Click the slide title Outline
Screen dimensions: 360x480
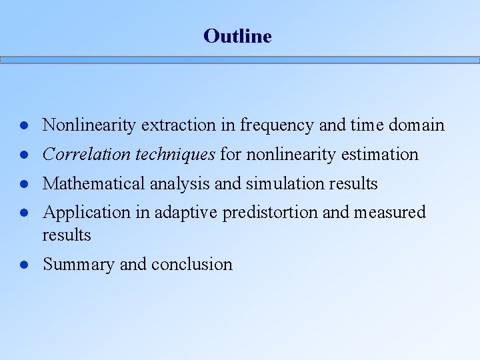[x=237, y=36]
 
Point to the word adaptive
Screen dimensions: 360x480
[x=183, y=213]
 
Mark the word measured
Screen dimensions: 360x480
[x=390, y=213]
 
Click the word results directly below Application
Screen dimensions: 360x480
[x=67, y=235]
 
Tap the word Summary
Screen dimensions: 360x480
[x=79, y=265]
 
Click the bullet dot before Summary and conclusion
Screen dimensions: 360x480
[x=23, y=265]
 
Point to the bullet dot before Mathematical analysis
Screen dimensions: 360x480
[x=23, y=184]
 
